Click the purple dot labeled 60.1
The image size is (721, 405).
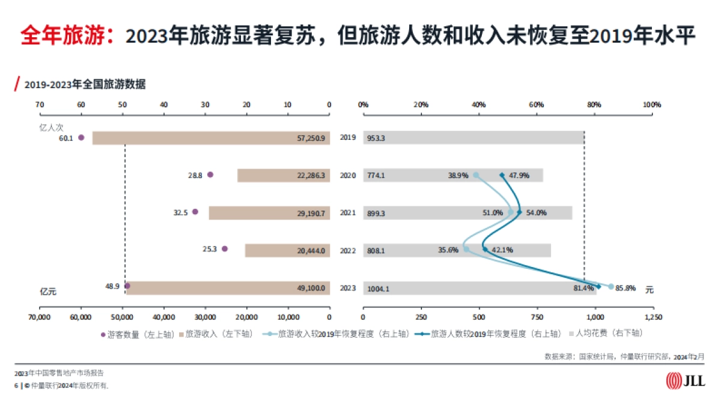click(x=81, y=137)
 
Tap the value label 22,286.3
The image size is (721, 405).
click(x=311, y=176)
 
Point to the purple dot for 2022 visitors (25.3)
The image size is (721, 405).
click(x=225, y=248)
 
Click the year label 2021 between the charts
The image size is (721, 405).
click(x=348, y=213)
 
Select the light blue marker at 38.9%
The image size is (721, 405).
click(x=476, y=175)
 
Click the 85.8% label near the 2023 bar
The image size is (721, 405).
click(x=626, y=287)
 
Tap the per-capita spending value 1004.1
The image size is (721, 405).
click(x=378, y=289)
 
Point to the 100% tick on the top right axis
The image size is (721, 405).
click(x=652, y=104)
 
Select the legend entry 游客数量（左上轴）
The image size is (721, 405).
click(x=136, y=334)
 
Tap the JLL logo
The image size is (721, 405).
click(x=685, y=380)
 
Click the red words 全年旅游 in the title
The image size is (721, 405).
click(x=65, y=36)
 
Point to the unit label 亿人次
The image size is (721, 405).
click(x=51, y=127)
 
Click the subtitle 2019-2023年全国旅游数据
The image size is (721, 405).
click(x=85, y=85)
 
